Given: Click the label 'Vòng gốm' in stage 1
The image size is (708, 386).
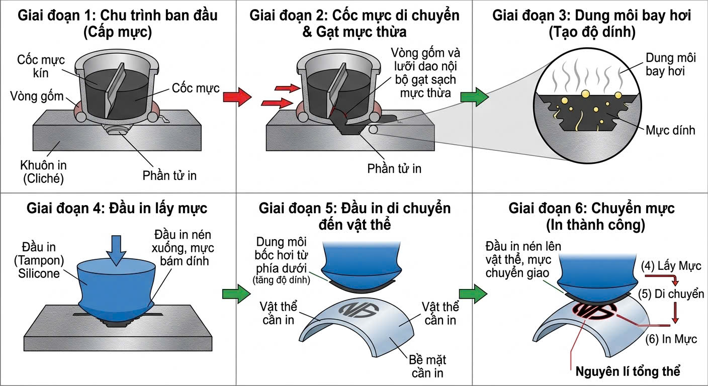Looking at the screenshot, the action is pos(37,96).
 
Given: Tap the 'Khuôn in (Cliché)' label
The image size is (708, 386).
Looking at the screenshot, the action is pos(44,172).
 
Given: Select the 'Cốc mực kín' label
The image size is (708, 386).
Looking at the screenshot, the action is pos(41,66).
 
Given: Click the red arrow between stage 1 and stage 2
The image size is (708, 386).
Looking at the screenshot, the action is pos(237,97).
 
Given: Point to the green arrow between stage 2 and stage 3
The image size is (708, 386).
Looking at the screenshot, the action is pos(474,97).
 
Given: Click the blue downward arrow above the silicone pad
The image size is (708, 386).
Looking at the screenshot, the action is pos(116,250).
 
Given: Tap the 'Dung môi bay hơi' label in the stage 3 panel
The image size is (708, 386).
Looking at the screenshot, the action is pos(671,64).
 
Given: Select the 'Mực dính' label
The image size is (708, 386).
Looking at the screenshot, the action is pos(670,130).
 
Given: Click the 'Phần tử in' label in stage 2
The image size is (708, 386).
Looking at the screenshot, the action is pos(394,169).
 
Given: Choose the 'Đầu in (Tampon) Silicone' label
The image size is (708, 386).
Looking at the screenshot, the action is pos(39,260).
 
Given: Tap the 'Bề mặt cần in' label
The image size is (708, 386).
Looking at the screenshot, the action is pos(427,366).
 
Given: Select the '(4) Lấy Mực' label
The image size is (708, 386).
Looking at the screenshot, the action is pos(671,266).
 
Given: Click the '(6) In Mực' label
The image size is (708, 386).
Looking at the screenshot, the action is pos(671,339).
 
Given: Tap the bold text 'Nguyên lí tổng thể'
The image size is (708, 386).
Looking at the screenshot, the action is pos(628,371).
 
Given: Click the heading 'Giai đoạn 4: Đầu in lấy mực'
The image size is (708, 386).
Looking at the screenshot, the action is pos(117,209).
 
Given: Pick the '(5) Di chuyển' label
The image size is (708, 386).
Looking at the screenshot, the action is pos(671,294).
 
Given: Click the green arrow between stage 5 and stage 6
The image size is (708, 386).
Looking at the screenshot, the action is pos(473,294).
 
